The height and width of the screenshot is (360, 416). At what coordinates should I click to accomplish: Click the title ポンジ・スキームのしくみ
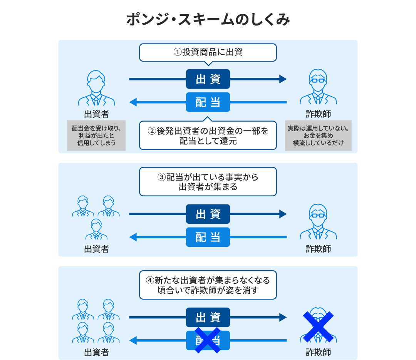tap(208, 20)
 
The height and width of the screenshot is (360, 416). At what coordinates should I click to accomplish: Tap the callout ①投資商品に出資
tap(208, 52)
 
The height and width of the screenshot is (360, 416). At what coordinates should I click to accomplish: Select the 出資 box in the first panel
tap(208, 79)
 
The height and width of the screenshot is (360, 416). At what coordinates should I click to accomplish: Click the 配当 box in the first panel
tap(208, 102)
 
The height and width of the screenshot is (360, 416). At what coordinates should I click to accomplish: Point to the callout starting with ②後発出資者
tap(208, 136)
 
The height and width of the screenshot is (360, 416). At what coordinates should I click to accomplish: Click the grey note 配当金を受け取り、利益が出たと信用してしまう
tap(96, 136)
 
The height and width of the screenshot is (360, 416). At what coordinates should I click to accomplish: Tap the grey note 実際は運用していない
tap(318, 136)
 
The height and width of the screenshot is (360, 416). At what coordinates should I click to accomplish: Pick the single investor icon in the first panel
tap(96, 89)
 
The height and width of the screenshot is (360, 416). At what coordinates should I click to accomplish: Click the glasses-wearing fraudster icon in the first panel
tap(318, 89)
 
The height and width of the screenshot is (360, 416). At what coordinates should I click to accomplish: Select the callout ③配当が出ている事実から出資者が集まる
tap(208, 182)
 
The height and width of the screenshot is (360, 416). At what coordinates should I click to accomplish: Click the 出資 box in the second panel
tap(208, 214)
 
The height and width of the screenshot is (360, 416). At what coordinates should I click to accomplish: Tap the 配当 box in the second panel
tap(208, 237)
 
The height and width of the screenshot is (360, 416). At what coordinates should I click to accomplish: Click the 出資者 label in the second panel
tap(96, 249)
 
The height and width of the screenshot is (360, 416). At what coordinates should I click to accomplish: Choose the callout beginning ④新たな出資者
tap(208, 285)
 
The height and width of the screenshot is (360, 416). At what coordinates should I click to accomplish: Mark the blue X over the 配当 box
tap(208, 340)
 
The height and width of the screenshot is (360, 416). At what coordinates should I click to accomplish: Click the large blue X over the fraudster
tap(318, 327)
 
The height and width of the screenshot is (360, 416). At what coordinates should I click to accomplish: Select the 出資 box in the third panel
tap(208, 317)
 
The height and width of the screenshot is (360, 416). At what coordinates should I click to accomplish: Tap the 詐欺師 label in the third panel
tap(318, 352)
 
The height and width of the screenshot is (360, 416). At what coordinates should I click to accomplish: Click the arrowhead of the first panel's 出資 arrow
tap(283, 79)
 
